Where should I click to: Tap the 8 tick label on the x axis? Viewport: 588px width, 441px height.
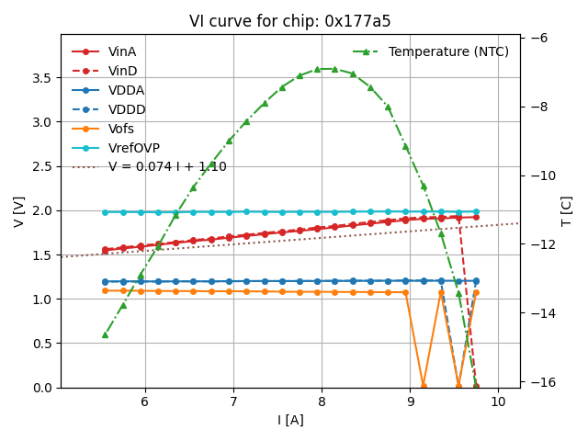point(322,402)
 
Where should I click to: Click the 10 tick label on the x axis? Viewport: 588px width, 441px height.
point(498,402)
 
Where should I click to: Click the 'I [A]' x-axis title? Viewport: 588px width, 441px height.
point(290,421)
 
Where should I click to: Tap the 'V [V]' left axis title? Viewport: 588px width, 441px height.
point(18,211)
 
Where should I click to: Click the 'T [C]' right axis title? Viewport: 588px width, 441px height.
point(567,211)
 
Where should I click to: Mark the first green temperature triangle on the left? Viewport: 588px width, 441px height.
point(105,334)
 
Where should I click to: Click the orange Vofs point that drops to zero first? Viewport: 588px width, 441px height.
point(424,386)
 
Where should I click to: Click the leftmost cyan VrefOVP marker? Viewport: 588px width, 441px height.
point(105,212)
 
